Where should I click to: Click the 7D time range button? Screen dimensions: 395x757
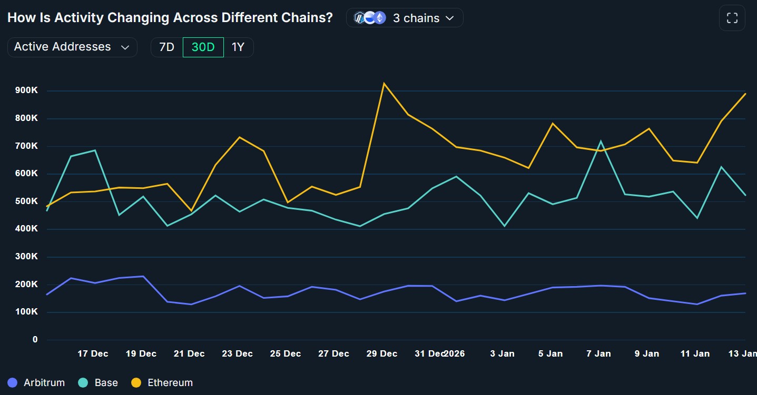(166, 47)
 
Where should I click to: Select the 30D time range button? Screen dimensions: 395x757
(203, 47)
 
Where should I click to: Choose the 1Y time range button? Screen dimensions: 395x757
(238, 47)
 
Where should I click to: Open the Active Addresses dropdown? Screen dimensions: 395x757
(72, 47)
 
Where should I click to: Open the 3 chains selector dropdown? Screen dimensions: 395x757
(405, 18)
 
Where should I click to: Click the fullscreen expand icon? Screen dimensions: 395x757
(732, 18)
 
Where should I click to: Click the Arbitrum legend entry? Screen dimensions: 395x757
(36, 382)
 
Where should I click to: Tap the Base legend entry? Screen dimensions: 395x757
(98, 382)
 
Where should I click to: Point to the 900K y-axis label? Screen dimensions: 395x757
(26, 90)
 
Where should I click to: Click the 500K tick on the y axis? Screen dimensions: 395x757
(26, 201)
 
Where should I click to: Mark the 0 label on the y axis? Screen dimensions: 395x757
(35, 340)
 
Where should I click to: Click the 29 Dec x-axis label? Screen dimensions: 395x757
(382, 353)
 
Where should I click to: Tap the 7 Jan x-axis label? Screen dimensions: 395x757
(598, 353)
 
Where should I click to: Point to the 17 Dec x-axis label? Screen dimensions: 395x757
(93, 353)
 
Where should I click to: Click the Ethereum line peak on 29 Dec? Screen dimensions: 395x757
(384, 83)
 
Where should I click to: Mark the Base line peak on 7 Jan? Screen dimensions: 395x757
(601, 141)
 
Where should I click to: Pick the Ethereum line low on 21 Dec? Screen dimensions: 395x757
(191, 210)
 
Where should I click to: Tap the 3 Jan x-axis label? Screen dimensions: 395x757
(502, 353)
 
